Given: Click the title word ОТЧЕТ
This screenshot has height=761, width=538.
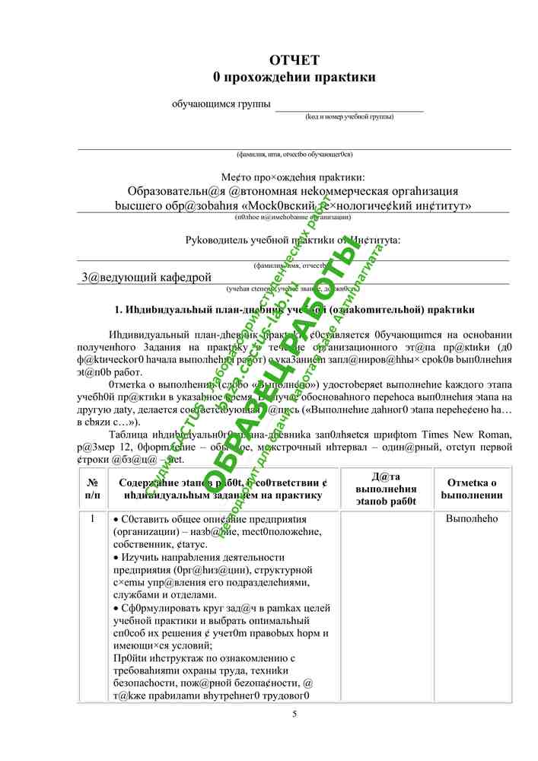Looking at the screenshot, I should click(x=294, y=60).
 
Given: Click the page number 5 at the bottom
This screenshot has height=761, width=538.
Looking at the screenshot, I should click(x=294, y=713).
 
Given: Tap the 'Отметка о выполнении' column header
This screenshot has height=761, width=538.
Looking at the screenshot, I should click(x=472, y=489).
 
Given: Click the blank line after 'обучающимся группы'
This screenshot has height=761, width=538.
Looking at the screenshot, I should click(x=349, y=106).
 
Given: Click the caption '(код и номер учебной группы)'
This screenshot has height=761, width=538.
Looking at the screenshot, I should click(x=349, y=116).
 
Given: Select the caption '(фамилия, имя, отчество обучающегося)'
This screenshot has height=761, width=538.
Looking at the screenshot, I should click(x=294, y=154).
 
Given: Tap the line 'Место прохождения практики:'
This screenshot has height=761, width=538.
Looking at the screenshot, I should click(x=294, y=177).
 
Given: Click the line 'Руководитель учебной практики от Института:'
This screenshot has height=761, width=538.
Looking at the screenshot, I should click(x=294, y=240).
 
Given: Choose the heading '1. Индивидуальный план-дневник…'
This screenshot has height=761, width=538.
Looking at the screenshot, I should click(x=294, y=310).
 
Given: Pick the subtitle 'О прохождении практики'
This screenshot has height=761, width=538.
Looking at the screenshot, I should click(x=294, y=77).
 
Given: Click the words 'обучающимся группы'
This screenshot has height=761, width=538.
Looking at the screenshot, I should click(x=221, y=103).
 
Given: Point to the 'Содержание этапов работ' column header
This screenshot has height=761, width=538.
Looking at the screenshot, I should click(x=219, y=489).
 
